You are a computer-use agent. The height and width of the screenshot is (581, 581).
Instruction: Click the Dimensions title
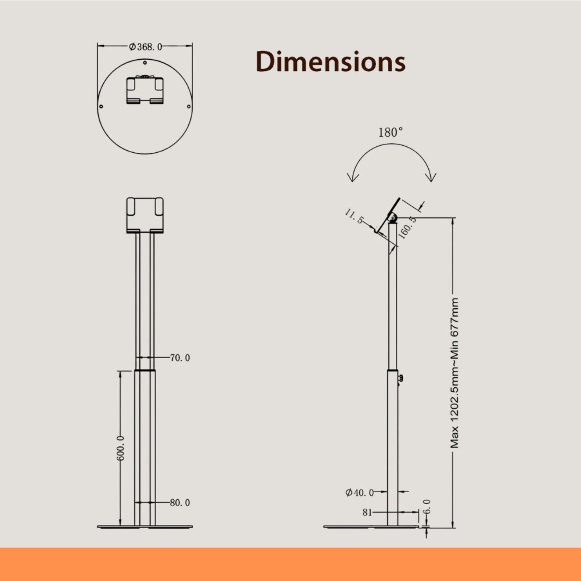[x=330, y=62]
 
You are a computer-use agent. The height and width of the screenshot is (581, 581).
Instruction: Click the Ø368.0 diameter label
[x=145, y=47]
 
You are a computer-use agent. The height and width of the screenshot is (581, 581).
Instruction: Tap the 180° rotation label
[x=390, y=132]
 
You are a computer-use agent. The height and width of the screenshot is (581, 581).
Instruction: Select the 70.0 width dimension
[x=180, y=358]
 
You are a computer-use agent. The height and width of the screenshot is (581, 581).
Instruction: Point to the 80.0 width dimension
[x=180, y=502]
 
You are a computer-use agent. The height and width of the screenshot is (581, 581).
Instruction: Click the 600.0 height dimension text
[x=120, y=448]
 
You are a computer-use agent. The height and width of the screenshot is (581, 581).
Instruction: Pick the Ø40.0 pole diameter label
[x=359, y=492]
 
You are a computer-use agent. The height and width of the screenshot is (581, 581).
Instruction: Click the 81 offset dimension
[x=367, y=512]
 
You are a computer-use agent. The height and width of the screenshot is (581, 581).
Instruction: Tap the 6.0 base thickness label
[x=426, y=506]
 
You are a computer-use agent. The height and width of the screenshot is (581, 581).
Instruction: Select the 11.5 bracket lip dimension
[x=354, y=217]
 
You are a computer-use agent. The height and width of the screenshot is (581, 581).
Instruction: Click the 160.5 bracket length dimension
[x=407, y=227]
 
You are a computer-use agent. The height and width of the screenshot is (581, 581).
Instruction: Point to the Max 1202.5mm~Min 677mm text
[x=455, y=373]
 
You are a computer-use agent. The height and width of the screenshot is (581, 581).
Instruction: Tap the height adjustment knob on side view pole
[x=400, y=378]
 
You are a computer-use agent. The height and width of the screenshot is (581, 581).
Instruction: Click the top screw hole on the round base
[x=145, y=62]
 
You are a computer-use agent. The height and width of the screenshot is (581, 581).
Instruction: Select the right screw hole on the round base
[x=189, y=107]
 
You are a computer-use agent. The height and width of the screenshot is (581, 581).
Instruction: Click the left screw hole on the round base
[x=101, y=107]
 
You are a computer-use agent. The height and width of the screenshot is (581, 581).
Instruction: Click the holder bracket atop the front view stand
[x=145, y=215]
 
